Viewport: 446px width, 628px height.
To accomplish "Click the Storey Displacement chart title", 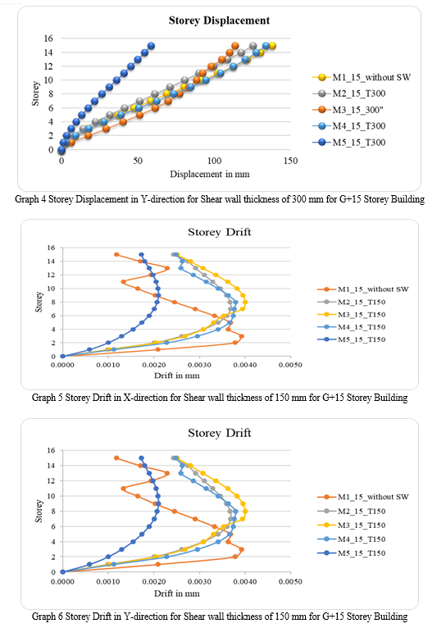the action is (x=219, y=20).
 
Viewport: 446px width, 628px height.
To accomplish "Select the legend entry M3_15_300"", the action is (x=348, y=110).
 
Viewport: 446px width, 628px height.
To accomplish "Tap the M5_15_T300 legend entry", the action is (x=349, y=142).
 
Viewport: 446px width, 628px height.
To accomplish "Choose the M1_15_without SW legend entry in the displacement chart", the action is (x=362, y=77).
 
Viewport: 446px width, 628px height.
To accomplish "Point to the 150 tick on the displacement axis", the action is (x=290, y=161).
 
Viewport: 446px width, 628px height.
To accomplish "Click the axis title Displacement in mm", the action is (x=210, y=175).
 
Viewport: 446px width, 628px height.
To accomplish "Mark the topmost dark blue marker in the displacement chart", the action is (x=151, y=46).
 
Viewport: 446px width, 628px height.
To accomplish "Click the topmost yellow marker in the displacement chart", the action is (x=272, y=46).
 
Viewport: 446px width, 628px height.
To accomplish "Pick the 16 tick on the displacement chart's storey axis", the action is (x=48, y=39).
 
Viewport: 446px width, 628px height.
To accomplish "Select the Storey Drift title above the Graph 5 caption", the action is (x=220, y=232).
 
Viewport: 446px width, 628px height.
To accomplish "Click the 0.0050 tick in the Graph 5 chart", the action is (x=290, y=365).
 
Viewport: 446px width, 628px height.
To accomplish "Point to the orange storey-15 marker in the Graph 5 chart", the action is (x=116, y=254).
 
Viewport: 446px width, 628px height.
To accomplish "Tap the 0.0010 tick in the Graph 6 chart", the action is (x=108, y=581).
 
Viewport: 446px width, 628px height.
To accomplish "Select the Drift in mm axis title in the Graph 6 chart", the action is (x=176, y=594).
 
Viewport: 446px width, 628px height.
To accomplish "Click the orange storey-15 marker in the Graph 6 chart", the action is (x=116, y=457).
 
